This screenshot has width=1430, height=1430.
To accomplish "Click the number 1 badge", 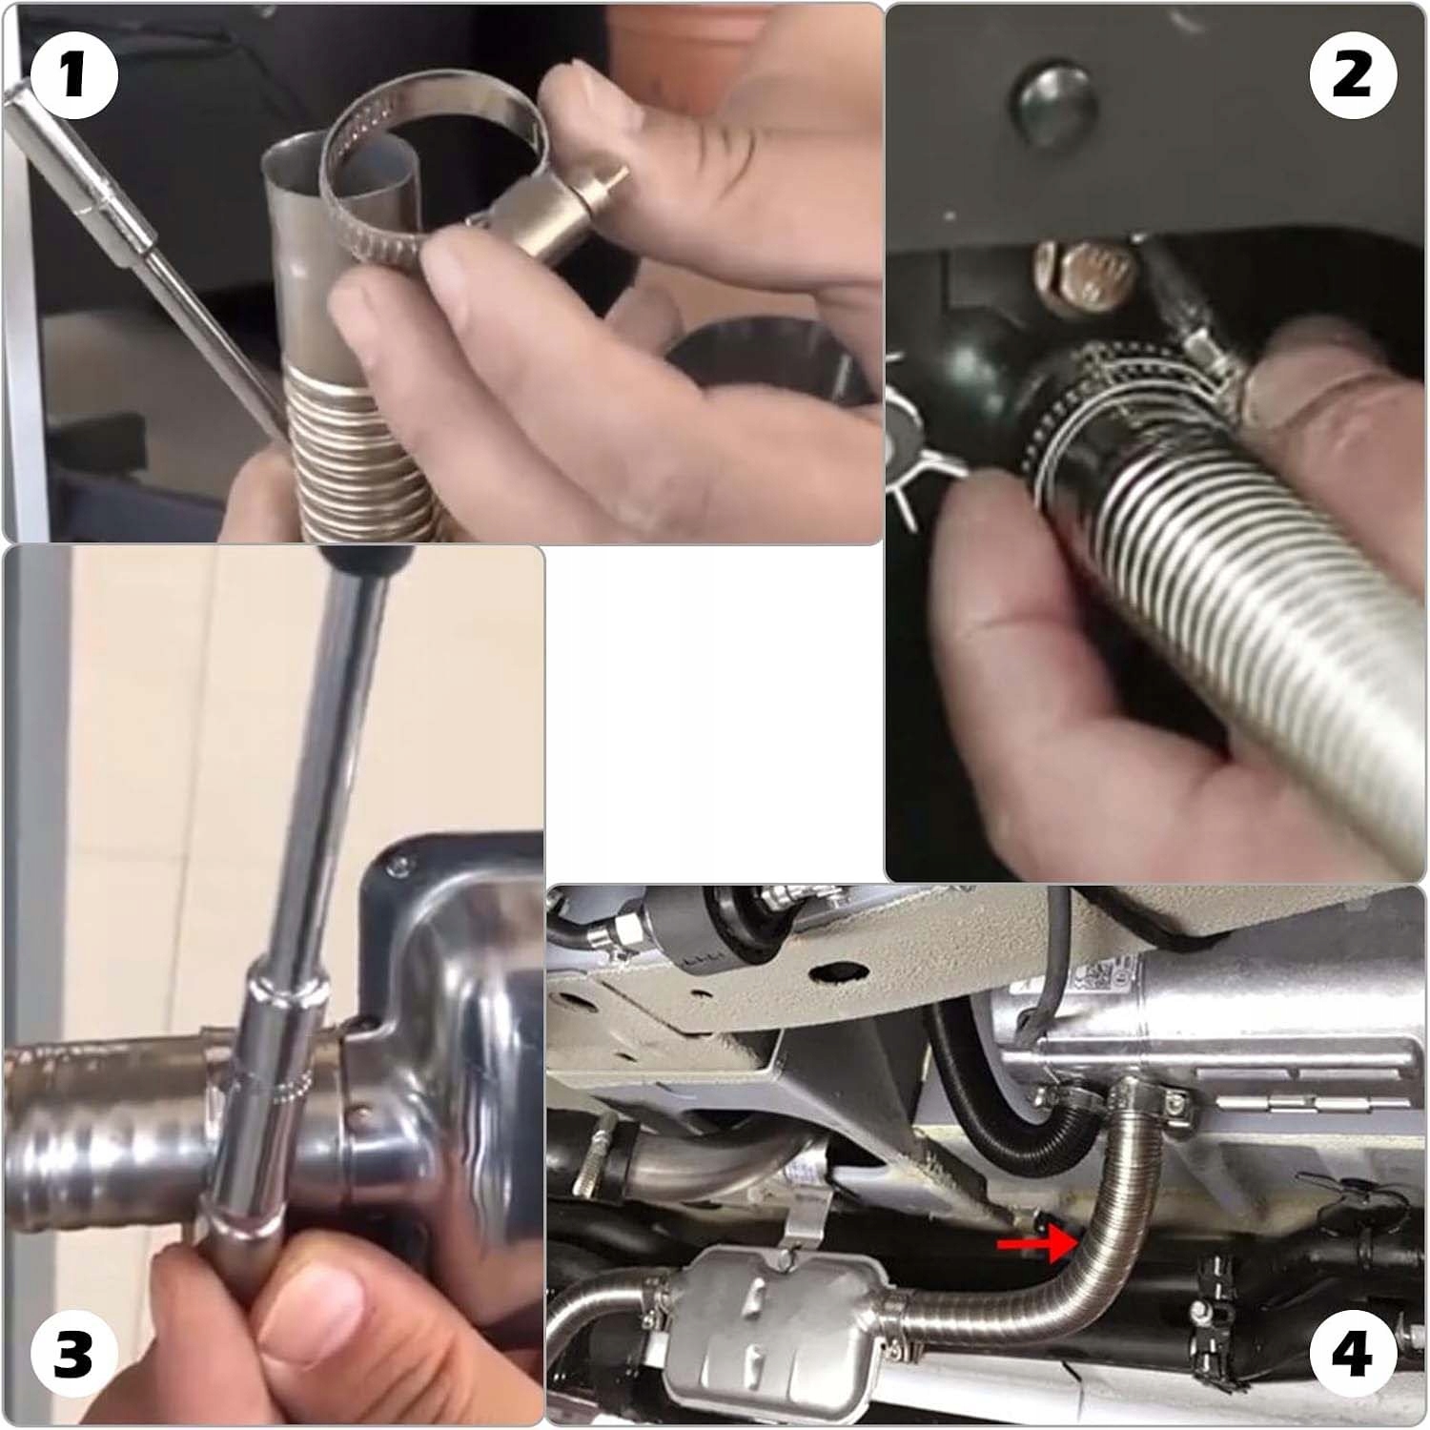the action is (73, 75).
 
